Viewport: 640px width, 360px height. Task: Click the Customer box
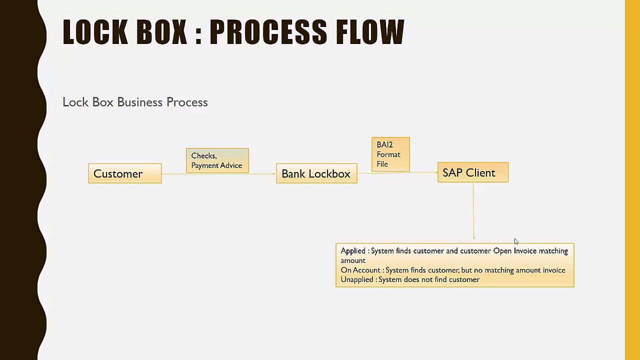pos(124,173)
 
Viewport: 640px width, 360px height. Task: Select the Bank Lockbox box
pos(316,173)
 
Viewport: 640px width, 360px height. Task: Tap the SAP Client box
pos(472,172)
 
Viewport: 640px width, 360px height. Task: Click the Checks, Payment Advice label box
pos(217,160)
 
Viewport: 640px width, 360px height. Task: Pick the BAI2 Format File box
pos(390,154)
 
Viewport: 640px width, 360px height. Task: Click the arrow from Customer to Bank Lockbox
pos(218,174)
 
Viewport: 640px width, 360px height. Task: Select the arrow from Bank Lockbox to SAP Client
pos(397,173)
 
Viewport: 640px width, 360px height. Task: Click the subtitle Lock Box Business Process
pos(135,102)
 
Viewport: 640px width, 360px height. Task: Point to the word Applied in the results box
pos(353,251)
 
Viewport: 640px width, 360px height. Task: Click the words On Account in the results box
pos(360,270)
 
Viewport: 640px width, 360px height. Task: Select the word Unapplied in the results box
pos(357,279)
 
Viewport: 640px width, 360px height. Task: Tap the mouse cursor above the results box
pos(516,242)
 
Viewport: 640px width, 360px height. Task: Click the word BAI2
pos(384,145)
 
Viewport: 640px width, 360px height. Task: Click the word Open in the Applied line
pos(502,251)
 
